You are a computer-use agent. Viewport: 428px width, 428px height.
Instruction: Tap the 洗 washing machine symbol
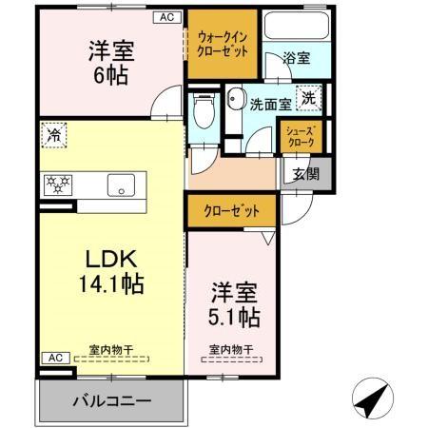pos(309,97)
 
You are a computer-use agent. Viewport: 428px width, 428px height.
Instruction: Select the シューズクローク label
pos(302,137)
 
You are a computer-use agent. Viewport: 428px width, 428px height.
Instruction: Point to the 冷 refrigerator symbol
pos(54,135)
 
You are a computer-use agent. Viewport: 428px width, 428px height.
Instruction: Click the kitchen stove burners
pos(57,184)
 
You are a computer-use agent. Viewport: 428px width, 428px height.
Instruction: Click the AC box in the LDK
pos(53,357)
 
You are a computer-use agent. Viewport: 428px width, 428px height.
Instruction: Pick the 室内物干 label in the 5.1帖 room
pos(231,349)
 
